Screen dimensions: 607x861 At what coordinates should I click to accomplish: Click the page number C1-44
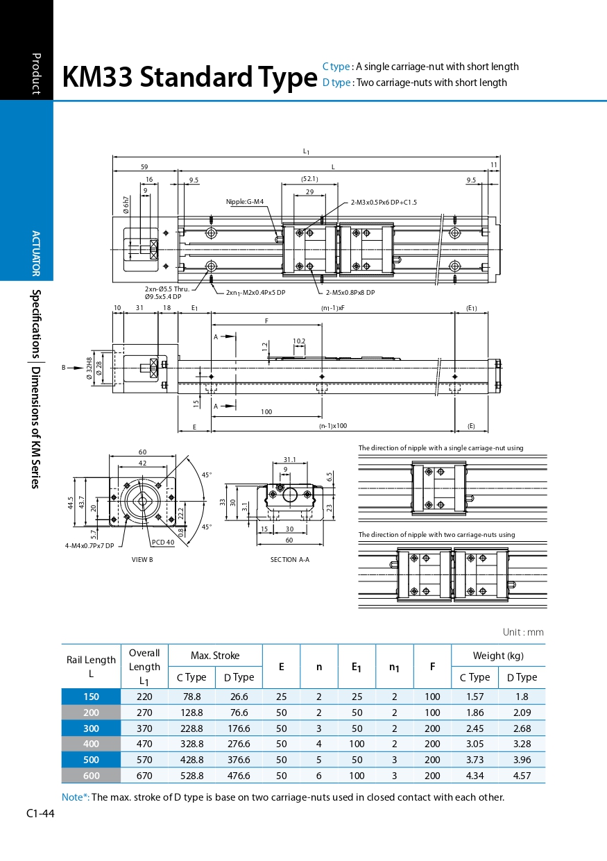pyautogui.click(x=40, y=813)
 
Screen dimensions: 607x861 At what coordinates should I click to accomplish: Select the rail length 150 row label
pyautogui.click(x=91, y=697)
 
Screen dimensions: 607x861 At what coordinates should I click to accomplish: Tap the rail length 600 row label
pyautogui.click(x=91, y=776)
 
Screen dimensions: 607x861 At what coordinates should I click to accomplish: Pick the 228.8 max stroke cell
pyautogui.click(x=191, y=728)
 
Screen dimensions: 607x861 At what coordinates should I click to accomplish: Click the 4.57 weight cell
pyautogui.click(x=522, y=776)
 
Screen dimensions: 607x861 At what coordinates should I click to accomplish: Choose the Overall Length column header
pyautogui.click(x=144, y=667)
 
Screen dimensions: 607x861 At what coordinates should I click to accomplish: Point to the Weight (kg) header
pyautogui.click(x=498, y=656)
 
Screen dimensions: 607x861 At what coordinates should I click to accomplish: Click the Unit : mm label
pyautogui.click(x=523, y=632)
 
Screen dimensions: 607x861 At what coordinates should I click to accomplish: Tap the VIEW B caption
pyautogui.click(x=142, y=560)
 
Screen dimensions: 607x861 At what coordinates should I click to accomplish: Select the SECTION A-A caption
pyautogui.click(x=289, y=560)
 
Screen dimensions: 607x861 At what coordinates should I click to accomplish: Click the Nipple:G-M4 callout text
pyautogui.click(x=244, y=202)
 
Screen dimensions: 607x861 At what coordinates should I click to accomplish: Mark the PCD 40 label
pyautogui.click(x=163, y=542)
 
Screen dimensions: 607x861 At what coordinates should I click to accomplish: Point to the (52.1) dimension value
pyautogui.click(x=309, y=179)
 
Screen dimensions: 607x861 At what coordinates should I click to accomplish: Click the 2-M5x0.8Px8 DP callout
pyautogui.click(x=350, y=293)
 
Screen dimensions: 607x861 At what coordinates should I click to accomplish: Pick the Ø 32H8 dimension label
pyautogui.click(x=89, y=368)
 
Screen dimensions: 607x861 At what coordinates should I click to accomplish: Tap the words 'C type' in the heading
pyautogui.click(x=336, y=67)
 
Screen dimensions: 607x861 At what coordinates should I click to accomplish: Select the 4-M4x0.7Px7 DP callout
pyautogui.click(x=89, y=546)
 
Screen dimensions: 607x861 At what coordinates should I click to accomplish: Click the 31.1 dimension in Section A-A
pyautogui.click(x=289, y=459)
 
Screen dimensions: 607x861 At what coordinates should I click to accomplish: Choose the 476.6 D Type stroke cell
pyautogui.click(x=239, y=776)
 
